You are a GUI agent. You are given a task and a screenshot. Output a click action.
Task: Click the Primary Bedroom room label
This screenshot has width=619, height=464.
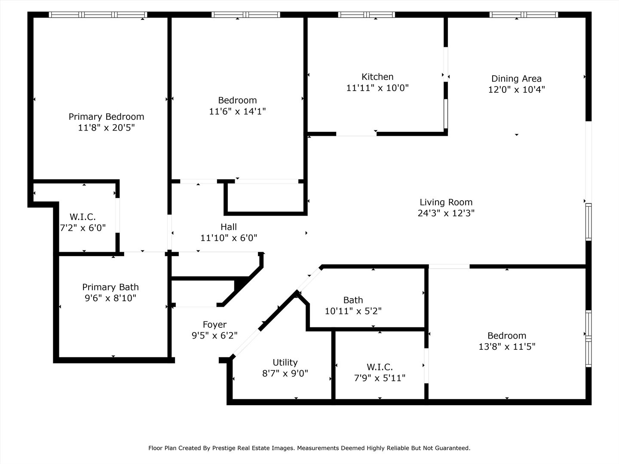(106, 116)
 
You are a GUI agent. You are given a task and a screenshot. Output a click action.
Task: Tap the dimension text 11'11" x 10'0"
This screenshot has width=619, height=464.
(377, 88)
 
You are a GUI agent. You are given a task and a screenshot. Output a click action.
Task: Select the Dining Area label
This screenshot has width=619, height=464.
(516, 79)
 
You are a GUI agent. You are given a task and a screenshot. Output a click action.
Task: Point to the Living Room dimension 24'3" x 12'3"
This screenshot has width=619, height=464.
(446, 213)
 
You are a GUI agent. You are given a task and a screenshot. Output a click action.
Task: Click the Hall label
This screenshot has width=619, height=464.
(228, 227)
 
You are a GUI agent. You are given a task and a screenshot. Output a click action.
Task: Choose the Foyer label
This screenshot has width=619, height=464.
(215, 324)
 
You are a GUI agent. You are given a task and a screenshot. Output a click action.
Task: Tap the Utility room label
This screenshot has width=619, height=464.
(285, 362)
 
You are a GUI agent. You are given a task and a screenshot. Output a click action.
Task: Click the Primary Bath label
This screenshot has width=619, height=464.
(110, 287)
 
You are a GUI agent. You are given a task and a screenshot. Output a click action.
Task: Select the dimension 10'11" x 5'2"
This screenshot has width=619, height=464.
(353, 311)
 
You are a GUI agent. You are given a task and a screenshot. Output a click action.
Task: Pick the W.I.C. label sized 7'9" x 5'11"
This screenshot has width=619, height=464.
(380, 367)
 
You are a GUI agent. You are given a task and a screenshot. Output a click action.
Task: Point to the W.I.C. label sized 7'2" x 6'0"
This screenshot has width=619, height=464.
(83, 217)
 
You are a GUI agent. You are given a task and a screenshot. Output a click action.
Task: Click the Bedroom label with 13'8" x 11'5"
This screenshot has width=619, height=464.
(507, 336)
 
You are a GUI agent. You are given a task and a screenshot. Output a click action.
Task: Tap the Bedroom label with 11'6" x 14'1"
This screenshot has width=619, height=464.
(237, 100)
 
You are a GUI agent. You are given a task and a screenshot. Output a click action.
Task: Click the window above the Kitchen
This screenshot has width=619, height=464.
(366, 15)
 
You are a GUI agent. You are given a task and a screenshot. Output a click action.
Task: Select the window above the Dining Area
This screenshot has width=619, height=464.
(524, 15)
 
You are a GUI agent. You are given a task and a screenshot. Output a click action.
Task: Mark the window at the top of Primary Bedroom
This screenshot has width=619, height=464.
(98, 15)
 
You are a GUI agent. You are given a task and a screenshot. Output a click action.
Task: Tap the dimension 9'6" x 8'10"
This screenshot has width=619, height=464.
(110, 298)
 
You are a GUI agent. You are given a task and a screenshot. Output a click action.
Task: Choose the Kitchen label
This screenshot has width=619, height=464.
(377, 76)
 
